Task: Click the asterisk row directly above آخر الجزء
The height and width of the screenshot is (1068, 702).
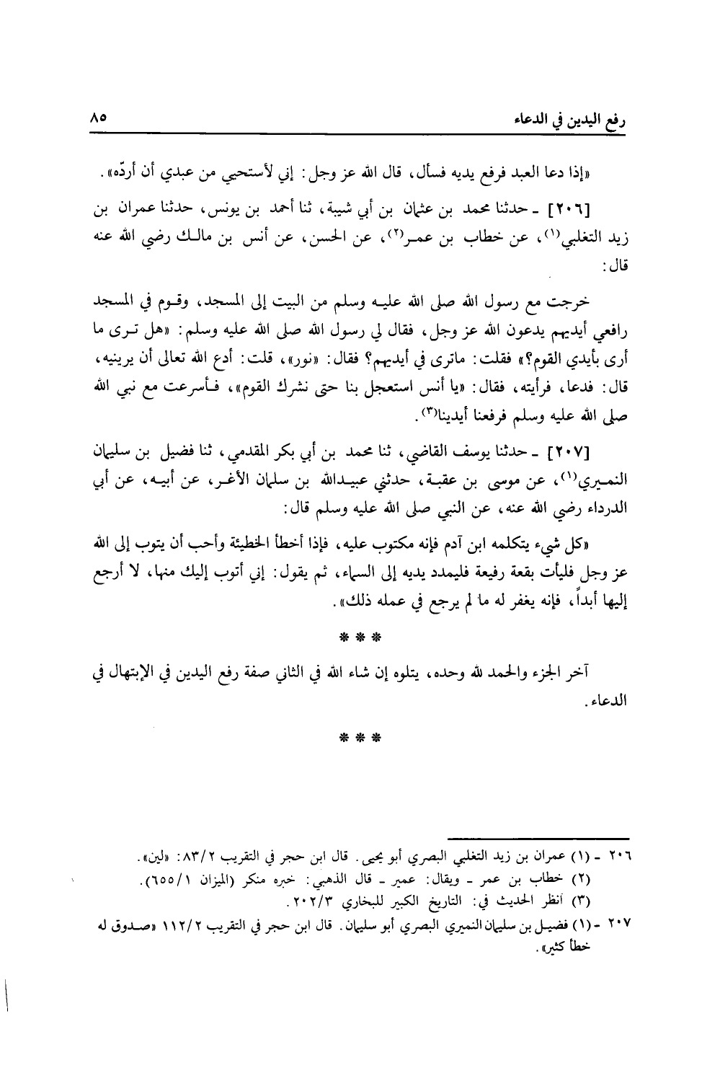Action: (x=359, y=637)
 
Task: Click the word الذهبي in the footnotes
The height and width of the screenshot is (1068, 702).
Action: (x=354, y=881)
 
